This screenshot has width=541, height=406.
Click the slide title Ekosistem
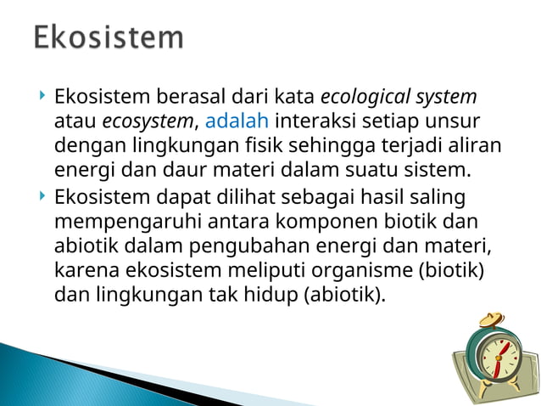[x=109, y=38]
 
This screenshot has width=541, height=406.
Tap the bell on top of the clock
[x=489, y=320]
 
